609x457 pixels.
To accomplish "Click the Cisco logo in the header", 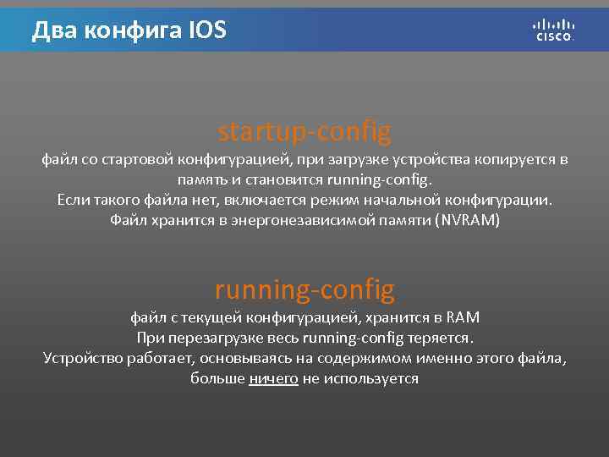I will click(554, 30).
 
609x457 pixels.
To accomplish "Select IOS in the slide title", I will click(208, 31).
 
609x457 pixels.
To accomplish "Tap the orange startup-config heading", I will click(304, 132).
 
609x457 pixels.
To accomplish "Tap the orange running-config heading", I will click(304, 290).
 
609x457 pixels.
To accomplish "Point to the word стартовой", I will click(136, 159).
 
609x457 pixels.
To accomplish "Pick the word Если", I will click(73, 201).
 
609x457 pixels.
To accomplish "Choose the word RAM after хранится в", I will click(462, 318).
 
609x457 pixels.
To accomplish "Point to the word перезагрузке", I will click(209, 339).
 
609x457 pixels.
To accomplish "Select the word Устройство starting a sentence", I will click(82, 359).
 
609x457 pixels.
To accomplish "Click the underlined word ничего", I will click(273, 379).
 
